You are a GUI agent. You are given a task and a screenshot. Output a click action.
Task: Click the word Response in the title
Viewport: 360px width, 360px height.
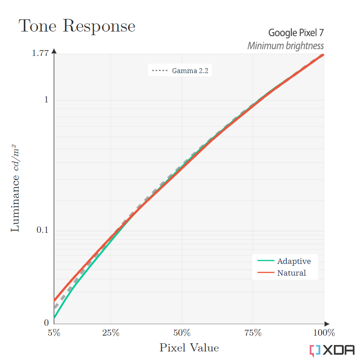(x=99, y=27)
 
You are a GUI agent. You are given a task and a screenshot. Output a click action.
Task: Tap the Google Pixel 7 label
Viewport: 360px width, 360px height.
(x=296, y=32)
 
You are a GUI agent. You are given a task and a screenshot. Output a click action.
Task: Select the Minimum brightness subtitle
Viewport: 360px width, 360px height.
(x=286, y=46)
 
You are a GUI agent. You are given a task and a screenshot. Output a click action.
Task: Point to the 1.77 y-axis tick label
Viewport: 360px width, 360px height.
(x=40, y=53)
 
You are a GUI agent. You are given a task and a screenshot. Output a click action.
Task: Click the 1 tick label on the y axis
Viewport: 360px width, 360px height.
(x=46, y=100)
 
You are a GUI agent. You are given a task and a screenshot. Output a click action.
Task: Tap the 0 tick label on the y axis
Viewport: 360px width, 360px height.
(x=46, y=323)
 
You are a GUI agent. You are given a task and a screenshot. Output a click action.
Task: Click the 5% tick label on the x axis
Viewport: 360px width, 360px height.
(x=54, y=333)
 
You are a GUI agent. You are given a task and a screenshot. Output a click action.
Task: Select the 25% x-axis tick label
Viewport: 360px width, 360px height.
(x=111, y=333)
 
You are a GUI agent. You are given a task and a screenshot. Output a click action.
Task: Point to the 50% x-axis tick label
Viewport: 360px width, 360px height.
(x=182, y=333)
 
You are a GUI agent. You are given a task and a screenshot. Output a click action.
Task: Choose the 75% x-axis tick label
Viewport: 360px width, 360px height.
(x=253, y=333)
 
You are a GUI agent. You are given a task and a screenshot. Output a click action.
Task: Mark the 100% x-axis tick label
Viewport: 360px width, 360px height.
(x=323, y=333)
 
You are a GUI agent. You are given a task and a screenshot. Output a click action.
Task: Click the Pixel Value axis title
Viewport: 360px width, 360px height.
(x=189, y=348)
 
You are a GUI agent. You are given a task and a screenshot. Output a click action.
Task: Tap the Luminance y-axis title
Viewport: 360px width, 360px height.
(x=15, y=188)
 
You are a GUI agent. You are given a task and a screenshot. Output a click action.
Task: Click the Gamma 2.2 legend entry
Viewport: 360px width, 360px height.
(x=180, y=70)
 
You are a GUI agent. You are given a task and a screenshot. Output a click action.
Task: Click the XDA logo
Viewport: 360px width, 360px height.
(x=332, y=350)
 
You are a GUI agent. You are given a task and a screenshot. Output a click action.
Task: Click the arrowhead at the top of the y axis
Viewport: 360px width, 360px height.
(x=54, y=51)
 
